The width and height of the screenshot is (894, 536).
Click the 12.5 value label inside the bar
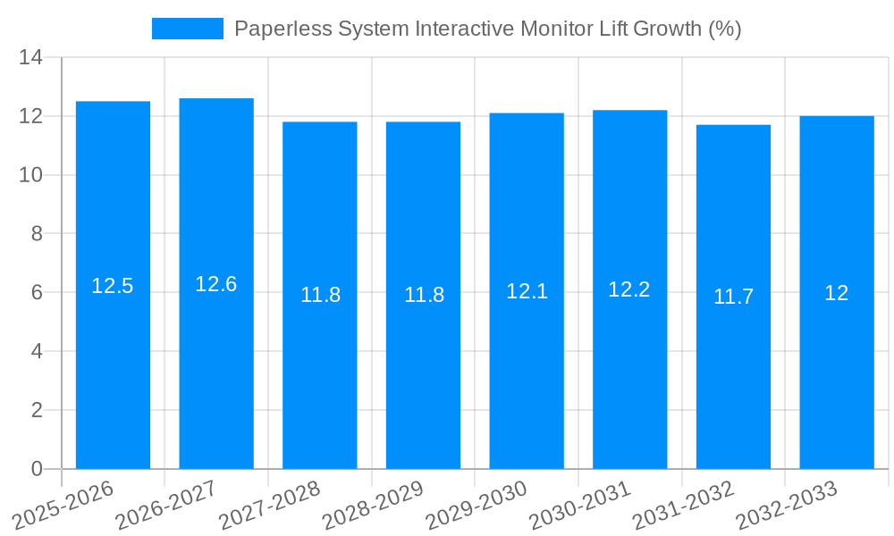coord(113,286)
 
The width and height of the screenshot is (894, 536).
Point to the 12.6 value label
coord(216,284)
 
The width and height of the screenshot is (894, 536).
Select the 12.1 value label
coord(527,291)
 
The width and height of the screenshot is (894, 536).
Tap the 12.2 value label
coord(629,289)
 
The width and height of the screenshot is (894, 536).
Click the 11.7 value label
coord(733,297)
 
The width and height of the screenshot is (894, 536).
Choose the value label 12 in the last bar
coord(837,293)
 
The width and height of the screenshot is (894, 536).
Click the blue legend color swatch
coord(188,29)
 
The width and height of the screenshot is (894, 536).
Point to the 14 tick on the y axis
coord(31,58)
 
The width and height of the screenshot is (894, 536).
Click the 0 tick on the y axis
coord(37,469)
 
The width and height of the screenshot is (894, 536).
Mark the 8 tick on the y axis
coord(37,234)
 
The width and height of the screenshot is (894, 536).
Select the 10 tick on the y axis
coord(31,175)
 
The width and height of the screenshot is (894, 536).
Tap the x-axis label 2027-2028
coord(269,506)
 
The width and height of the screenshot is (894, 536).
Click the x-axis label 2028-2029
coord(373,506)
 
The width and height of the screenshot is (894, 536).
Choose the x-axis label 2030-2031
coord(579,506)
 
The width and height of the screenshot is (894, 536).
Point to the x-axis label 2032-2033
coord(786,506)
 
